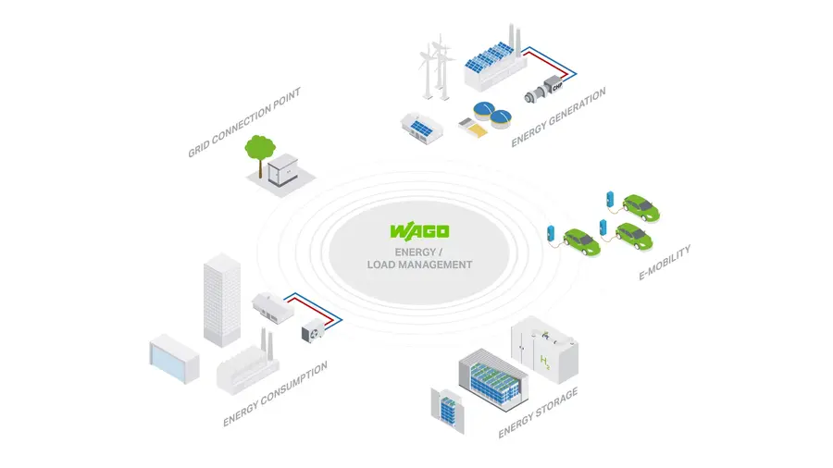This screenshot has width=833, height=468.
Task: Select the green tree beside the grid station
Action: pyautogui.click(x=259, y=151)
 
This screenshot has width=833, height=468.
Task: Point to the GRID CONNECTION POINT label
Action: pyautogui.click(x=245, y=121)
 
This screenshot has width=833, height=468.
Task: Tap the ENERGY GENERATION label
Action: pyautogui.click(x=559, y=117)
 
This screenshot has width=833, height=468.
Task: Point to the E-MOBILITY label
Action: pyautogui.click(x=665, y=263)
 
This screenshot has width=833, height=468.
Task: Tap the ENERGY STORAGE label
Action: pyautogui.click(x=538, y=413)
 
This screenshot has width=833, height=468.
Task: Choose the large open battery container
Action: pyautogui.click(x=491, y=380)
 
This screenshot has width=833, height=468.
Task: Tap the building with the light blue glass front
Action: pyautogui.click(x=174, y=358)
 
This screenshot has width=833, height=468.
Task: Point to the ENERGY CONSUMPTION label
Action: pyautogui.click(x=275, y=395)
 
